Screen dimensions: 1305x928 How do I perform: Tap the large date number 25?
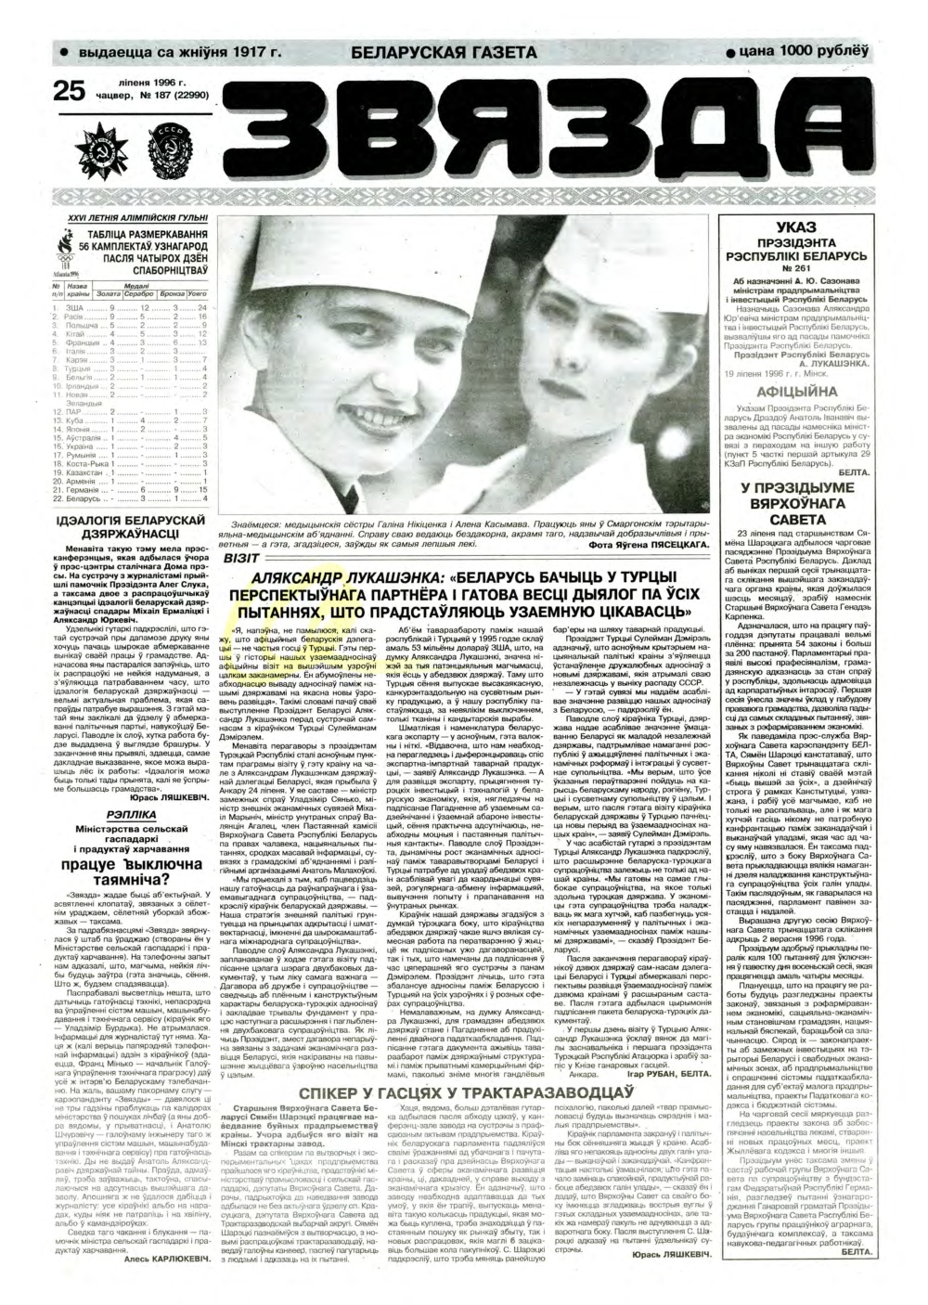pos(71,91)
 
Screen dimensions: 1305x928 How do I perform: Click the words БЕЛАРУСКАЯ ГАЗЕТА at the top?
pos(445,53)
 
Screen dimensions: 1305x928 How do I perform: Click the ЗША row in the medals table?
pos(130,306)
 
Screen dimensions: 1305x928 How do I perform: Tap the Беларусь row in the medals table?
pos(130,498)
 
